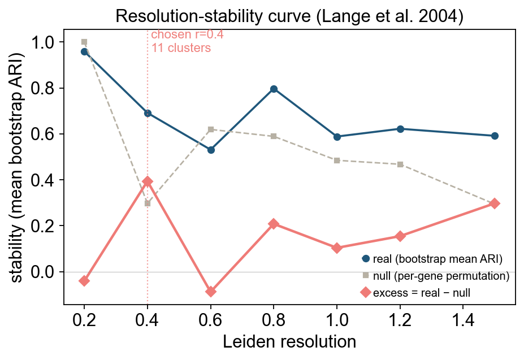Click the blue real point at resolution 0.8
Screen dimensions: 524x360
click(274, 89)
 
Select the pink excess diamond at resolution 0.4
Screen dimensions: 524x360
click(148, 181)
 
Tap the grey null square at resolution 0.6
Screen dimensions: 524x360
click(210, 129)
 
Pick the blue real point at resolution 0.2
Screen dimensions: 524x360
click(84, 52)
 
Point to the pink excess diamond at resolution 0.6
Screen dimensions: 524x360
click(210, 292)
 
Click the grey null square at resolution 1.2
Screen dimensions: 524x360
click(400, 164)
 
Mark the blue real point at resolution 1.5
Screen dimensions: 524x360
click(495, 136)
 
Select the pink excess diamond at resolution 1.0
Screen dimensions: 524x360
click(337, 248)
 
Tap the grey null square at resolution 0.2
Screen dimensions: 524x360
click(84, 42)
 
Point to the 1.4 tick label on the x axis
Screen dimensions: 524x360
click(463, 320)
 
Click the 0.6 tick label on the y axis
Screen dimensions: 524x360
click(42, 134)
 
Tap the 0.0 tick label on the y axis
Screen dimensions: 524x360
click(42, 272)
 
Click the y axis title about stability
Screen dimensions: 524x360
click(17, 167)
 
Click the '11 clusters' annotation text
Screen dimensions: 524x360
click(181, 48)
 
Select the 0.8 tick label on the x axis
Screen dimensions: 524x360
click(274, 320)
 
